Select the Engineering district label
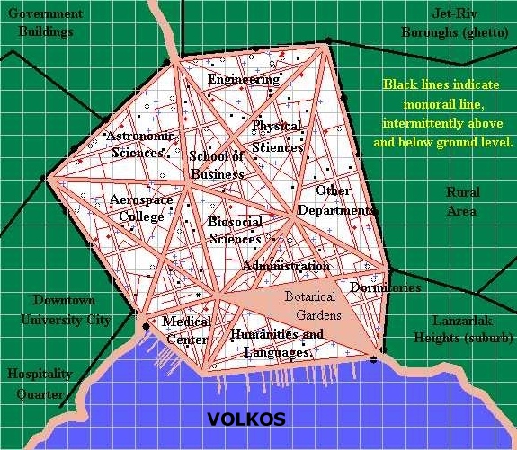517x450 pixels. click(x=244, y=79)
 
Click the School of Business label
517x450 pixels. click(x=217, y=164)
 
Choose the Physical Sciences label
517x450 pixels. click(x=277, y=136)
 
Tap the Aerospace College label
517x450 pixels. click(x=136, y=207)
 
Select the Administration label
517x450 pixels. click(x=286, y=266)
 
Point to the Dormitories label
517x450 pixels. click(x=385, y=287)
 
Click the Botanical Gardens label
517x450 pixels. click(x=310, y=305)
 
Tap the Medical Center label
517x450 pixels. click(x=186, y=330)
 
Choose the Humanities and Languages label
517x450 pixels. click(x=276, y=343)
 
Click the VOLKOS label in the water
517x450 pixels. click(x=246, y=419)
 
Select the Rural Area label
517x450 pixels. click(x=463, y=201)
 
